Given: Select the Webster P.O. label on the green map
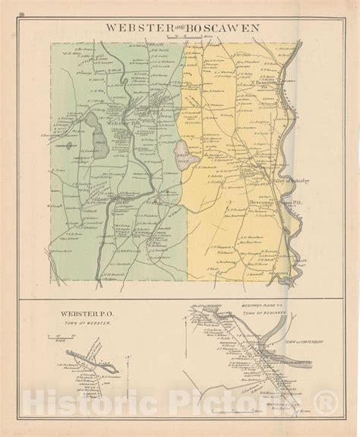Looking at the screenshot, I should pos(125,126).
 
